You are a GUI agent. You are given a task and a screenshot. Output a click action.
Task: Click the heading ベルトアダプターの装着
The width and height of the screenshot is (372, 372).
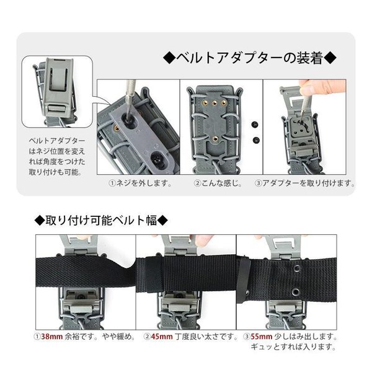(252, 60)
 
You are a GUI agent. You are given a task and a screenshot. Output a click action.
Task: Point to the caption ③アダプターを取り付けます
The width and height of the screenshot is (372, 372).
(304, 184)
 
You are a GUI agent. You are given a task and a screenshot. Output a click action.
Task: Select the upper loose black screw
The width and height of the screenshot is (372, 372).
(255, 123)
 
